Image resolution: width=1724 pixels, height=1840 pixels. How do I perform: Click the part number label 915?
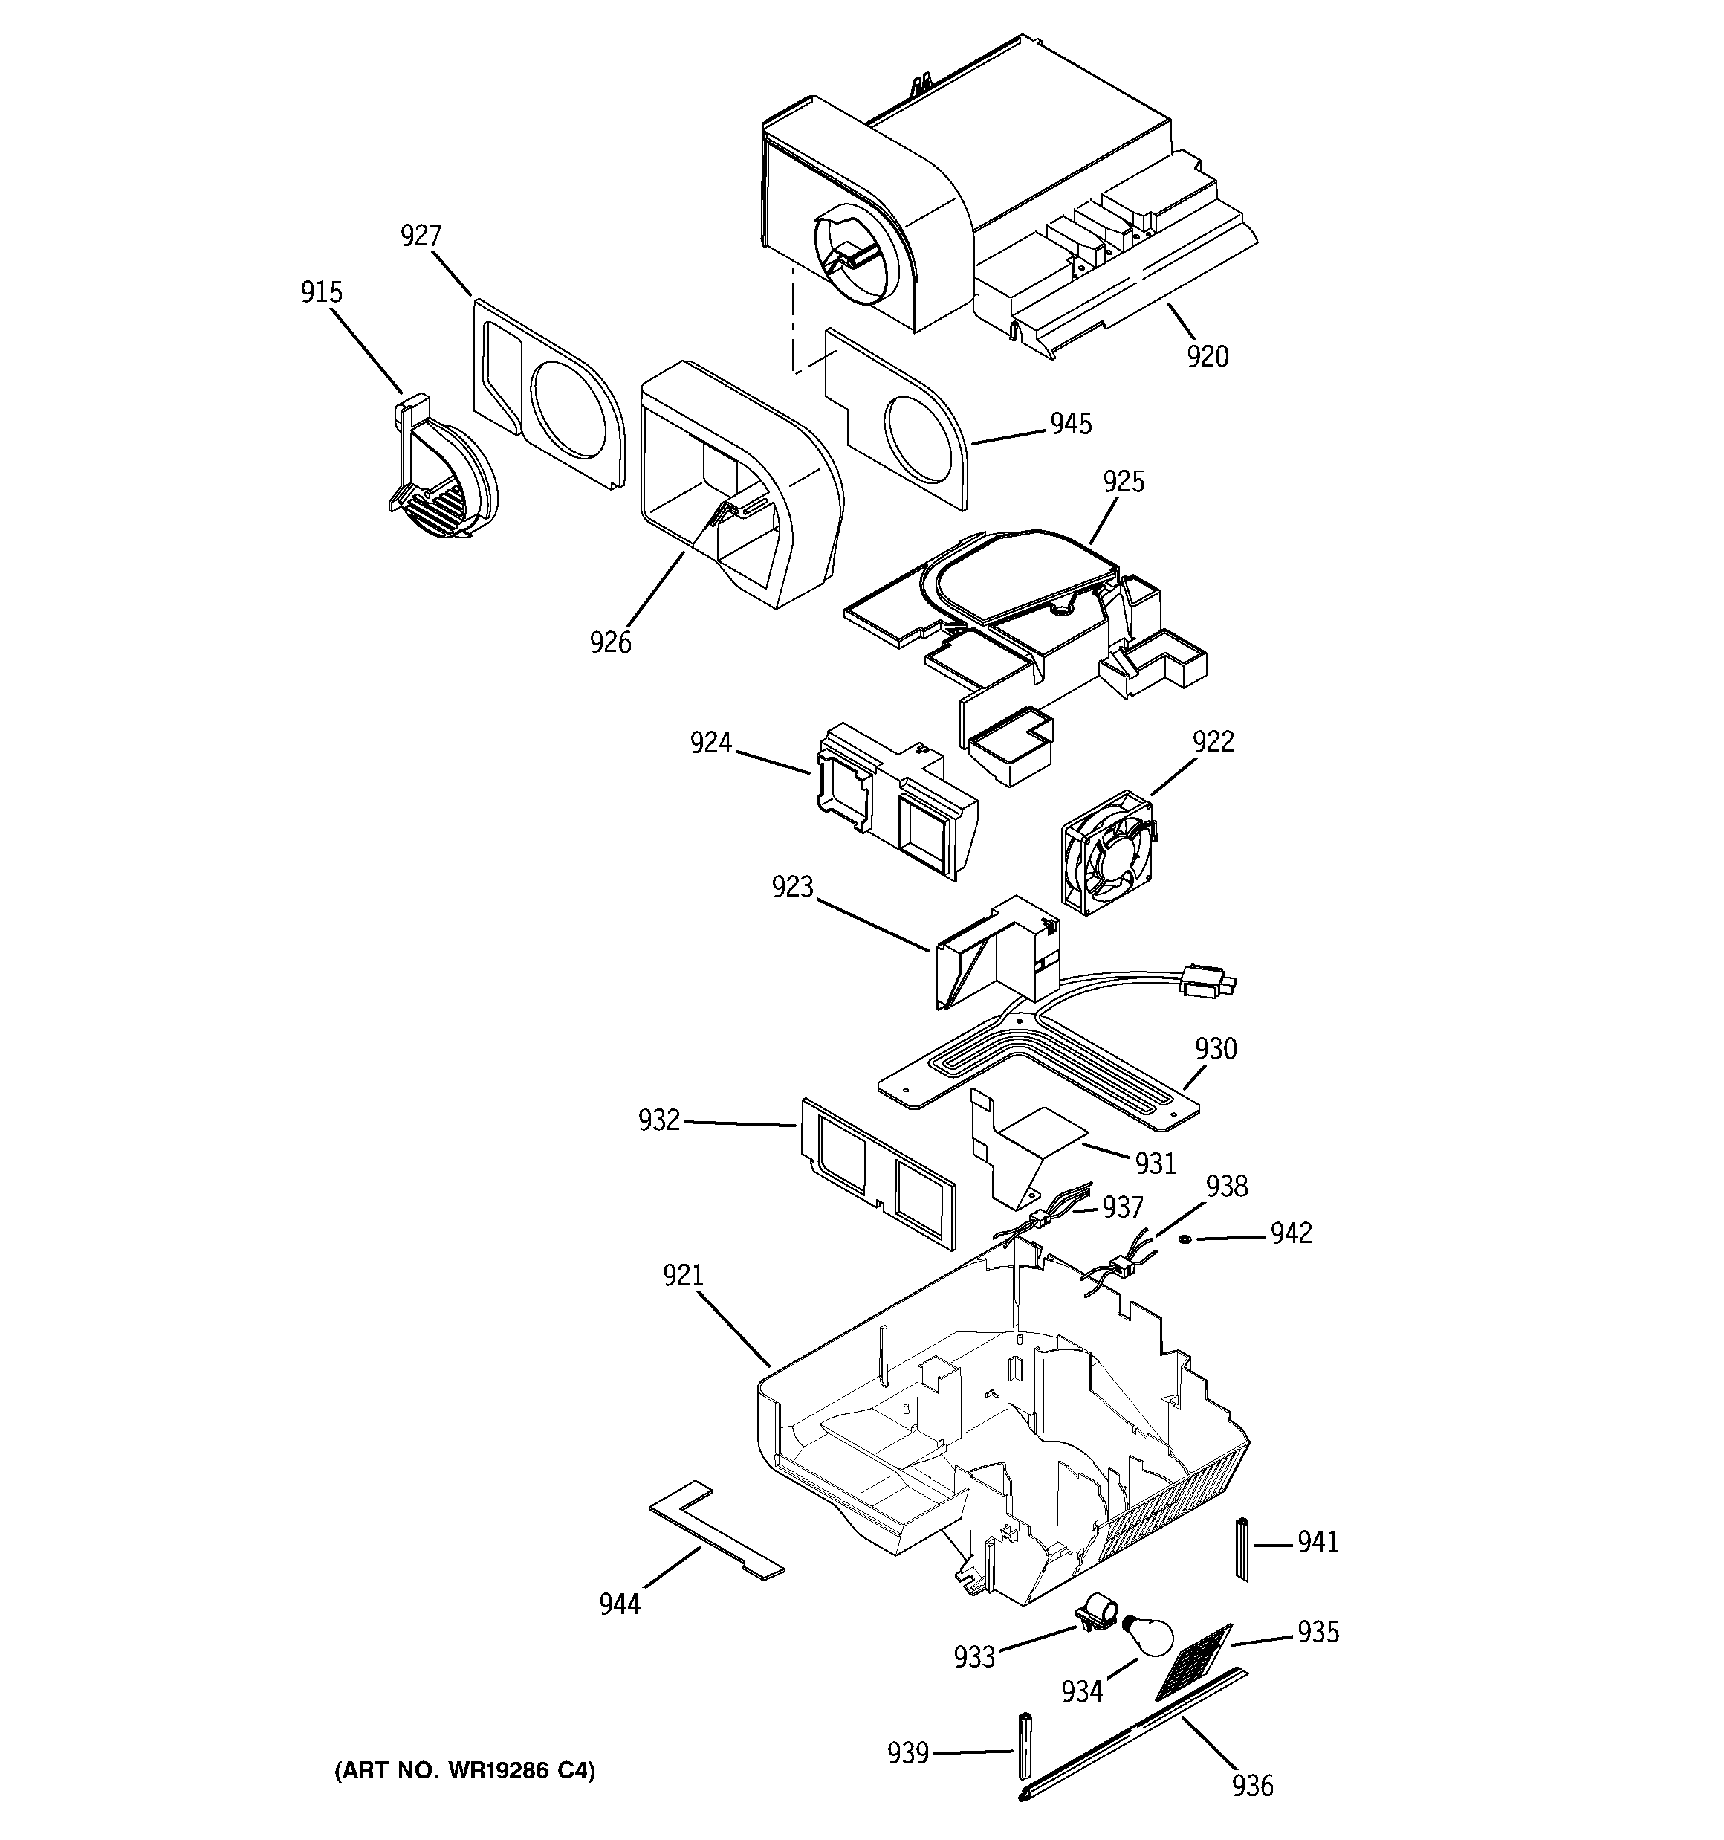click(x=321, y=292)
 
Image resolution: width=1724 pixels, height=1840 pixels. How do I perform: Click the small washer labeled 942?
click(x=1185, y=1239)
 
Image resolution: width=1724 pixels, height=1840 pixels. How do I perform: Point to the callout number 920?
click(x=1208, y=356)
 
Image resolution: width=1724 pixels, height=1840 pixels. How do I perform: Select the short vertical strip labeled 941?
click(x=1242, y=1549)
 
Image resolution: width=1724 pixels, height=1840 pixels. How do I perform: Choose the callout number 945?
click(x=1071, y=424)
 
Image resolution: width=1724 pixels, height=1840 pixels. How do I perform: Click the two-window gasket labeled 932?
click(x=878, y=1171)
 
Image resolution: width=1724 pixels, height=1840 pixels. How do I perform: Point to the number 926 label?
click(x=611, y=642)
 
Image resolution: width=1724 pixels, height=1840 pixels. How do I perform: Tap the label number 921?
click(x=683, y=1276)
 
